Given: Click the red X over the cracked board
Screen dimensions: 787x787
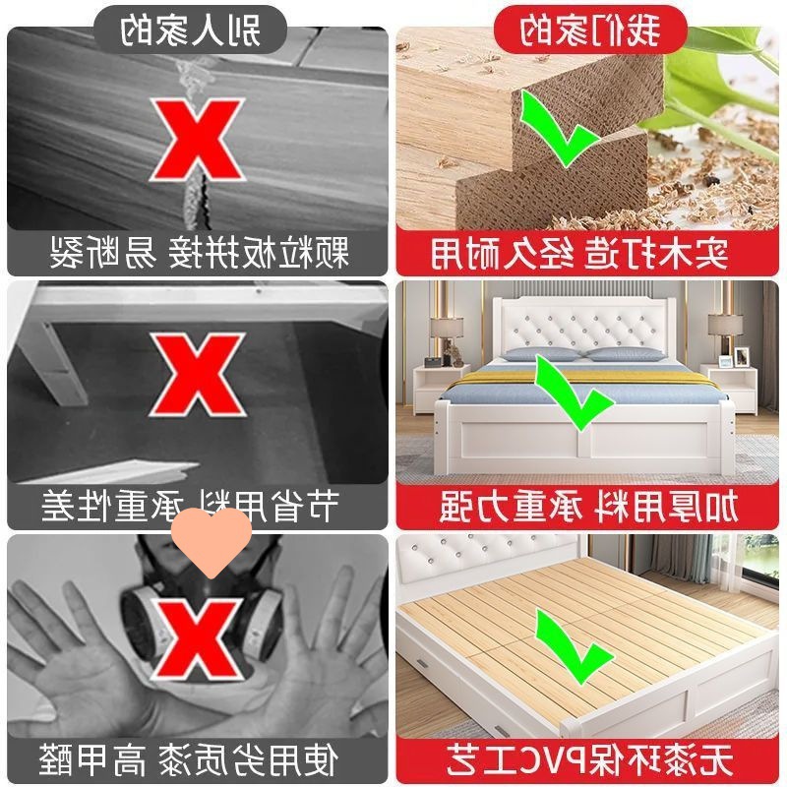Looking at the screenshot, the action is click(x=196, y=140).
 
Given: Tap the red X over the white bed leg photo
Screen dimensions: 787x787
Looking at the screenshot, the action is click(x=196, y=375).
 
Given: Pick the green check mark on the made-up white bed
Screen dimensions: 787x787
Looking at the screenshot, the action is click(x=573, y=393).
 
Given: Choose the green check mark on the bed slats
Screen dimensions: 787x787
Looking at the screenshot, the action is click(x=573, y=646).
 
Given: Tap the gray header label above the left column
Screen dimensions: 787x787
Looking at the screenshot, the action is click(x=190, y=30).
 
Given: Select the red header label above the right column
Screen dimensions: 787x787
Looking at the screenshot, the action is click(x=590, y=30).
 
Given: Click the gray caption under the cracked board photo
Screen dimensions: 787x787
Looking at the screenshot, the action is click(x=198, y=253).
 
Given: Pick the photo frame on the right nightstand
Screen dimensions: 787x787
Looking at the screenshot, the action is click(x=742, y=355).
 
